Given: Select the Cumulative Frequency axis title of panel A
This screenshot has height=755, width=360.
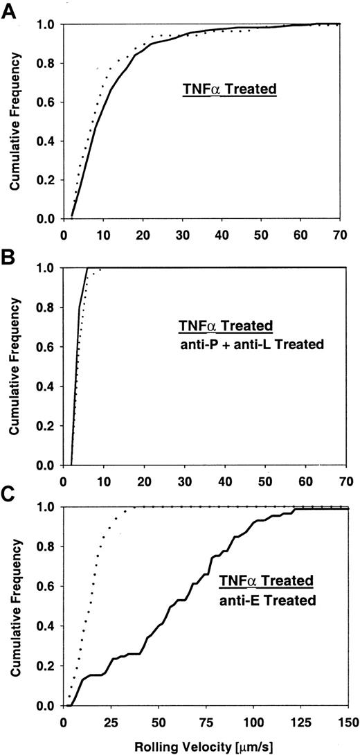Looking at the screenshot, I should (13, 121).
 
